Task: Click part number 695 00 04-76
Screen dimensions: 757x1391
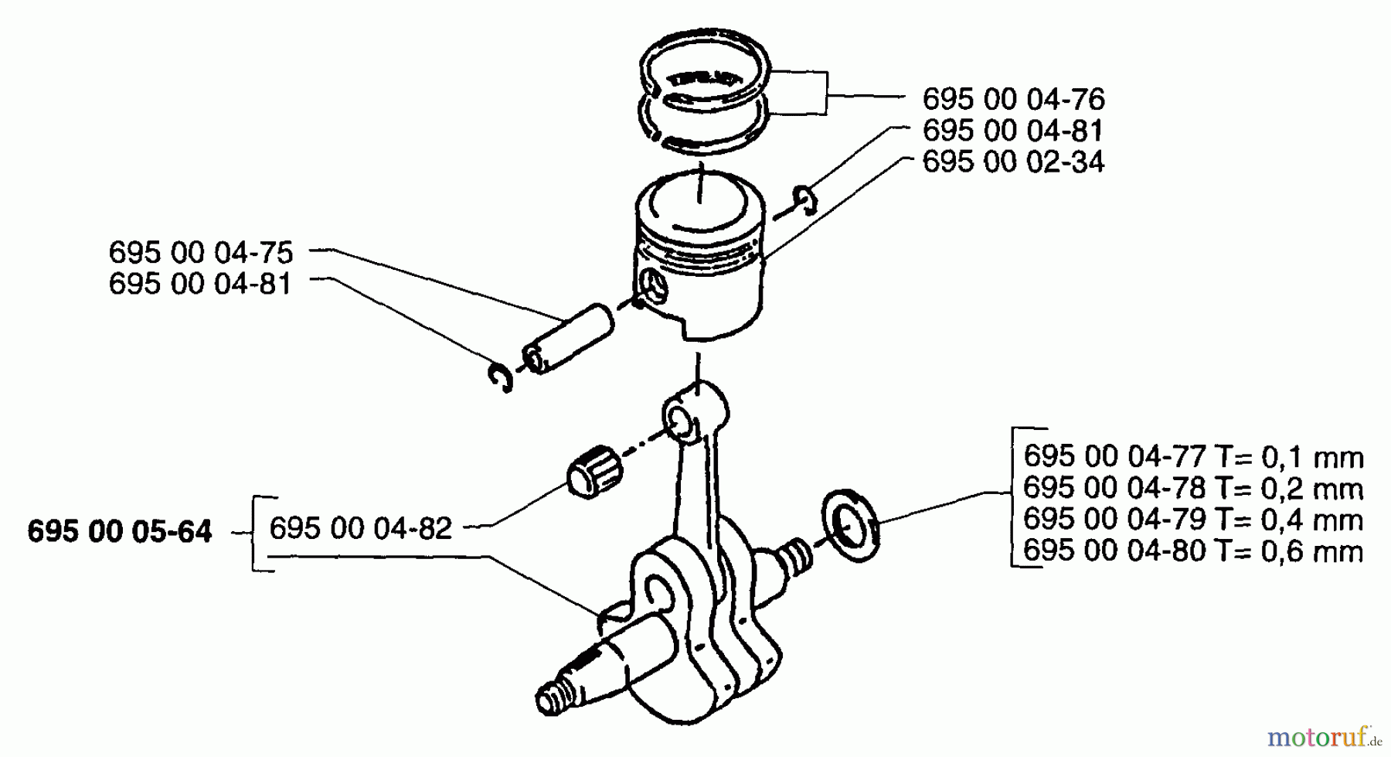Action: point(1013,99)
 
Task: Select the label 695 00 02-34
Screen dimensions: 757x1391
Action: point(1013,162)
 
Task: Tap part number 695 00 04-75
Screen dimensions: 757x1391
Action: point(200,252)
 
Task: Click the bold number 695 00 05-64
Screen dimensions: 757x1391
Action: point(119,532)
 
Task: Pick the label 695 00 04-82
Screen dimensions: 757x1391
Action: point(360,528)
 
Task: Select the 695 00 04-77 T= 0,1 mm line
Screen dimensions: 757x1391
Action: point(1192,457)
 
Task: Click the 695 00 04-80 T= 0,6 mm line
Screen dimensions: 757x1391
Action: point(1192,551)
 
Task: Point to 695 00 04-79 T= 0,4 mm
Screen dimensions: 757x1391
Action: point(1192,520)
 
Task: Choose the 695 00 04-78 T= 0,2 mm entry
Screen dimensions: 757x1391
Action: point(1192,489)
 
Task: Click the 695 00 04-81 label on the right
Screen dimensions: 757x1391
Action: point(1013,131)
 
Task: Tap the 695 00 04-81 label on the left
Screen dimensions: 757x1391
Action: point(200,284)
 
